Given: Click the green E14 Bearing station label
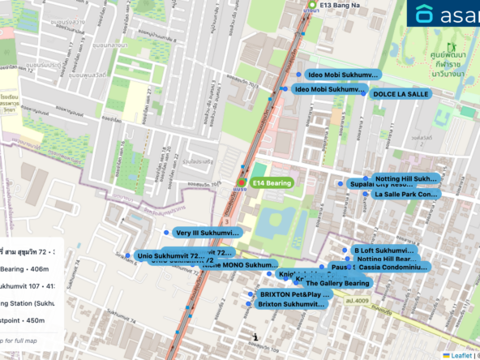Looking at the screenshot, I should click(x=272, y=183).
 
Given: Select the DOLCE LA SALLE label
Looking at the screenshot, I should click(x=401, y=95).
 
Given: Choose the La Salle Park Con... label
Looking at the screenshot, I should click(x=405, y=195).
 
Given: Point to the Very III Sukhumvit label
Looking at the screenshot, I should click(x=206, y=233).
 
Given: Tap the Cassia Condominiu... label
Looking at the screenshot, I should click(x=393, y=267).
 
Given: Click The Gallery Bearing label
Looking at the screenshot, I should click(x=337, y=283).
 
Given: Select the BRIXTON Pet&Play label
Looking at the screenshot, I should click(x=294, y=294).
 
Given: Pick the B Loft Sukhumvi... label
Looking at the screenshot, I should click(x=384, y=251).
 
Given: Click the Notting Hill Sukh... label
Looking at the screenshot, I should click(x=406, y=178).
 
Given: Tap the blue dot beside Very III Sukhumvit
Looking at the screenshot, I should click(x=166, y=233).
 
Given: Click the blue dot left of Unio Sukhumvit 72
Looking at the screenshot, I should click(x=127, y=255).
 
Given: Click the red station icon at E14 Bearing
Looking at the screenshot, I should click(x=242, y=183).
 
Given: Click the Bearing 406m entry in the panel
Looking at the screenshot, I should click(x=24, y=269).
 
